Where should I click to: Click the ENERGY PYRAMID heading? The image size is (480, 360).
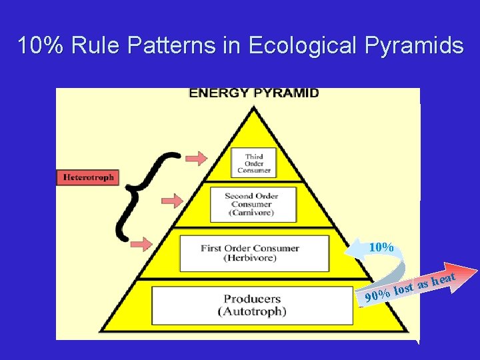coord(254,93)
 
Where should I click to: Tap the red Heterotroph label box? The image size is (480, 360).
coord(87,177)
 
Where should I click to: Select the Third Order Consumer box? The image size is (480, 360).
coord(253,163)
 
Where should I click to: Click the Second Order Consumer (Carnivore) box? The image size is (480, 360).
coord(251,204)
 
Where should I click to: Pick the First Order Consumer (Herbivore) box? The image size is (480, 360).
coord(250,253)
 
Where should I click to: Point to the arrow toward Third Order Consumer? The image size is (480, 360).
coord(196,158)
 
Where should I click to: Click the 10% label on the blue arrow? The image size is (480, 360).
coord(381,247)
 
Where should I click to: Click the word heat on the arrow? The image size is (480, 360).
coord(443,277)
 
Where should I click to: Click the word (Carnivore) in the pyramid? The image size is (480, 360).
coord(251,213)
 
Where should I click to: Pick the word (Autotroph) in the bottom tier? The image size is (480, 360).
coord(252,311)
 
